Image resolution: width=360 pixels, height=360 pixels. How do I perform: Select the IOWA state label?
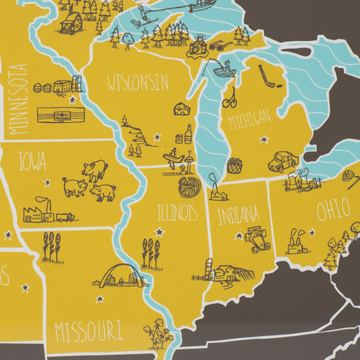pyautogui.click(x=32, y=160)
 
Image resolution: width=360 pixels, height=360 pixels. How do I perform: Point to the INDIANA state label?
pyautogui.click(x=237, y=215)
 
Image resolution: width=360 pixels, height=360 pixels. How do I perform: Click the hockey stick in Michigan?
pyautogui.click(x=267, y=76)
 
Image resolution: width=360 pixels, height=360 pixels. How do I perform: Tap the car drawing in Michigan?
pyautogui.click(x=282, y=161)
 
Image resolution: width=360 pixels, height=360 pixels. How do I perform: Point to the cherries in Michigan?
pyautogui.click(x=229, y=97)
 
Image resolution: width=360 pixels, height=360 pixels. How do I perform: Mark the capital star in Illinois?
pyautogui.click(x=160, y=232)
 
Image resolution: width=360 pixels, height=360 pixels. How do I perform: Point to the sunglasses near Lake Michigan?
pyautogui.click(x=218, y=46)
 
